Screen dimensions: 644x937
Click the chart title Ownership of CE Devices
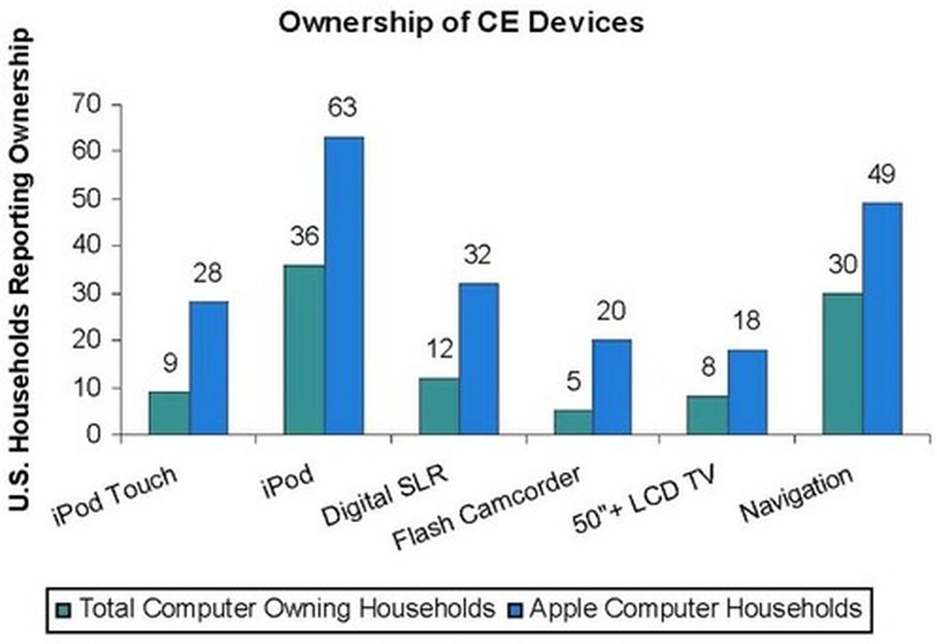(461, 22)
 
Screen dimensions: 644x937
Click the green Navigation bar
(842, 363)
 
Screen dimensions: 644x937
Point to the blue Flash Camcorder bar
(611, 387)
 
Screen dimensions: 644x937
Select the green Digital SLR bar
(439, 406)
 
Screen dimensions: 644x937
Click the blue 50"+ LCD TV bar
(747, 391)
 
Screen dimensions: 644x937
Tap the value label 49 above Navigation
(881, 174)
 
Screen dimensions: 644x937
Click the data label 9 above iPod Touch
(170, 364)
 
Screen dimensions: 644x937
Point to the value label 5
(573, 382)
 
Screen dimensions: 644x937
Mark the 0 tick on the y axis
(94, 435)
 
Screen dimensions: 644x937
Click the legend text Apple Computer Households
(695, 608)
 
